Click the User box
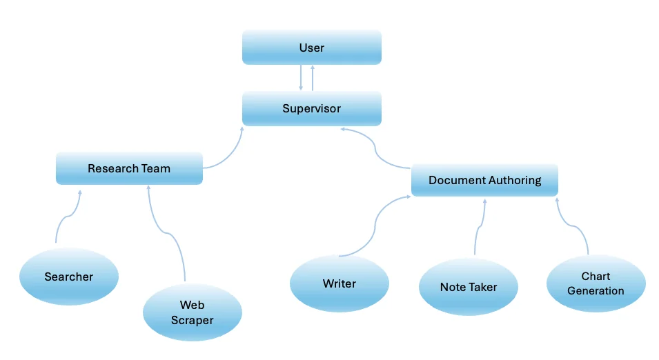[311, 48]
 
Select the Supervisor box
[311, 109]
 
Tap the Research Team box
[129, 168]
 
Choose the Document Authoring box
[484, 181]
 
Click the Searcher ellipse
[68, 277]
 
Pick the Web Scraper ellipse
[192, 312]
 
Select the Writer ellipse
[339, 283]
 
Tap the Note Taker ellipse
[468, 287]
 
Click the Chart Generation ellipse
[596, 283]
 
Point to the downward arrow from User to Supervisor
[301, 78]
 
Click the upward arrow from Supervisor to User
[313, 78]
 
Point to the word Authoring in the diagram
[513, 181]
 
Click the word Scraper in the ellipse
[192, 320]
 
